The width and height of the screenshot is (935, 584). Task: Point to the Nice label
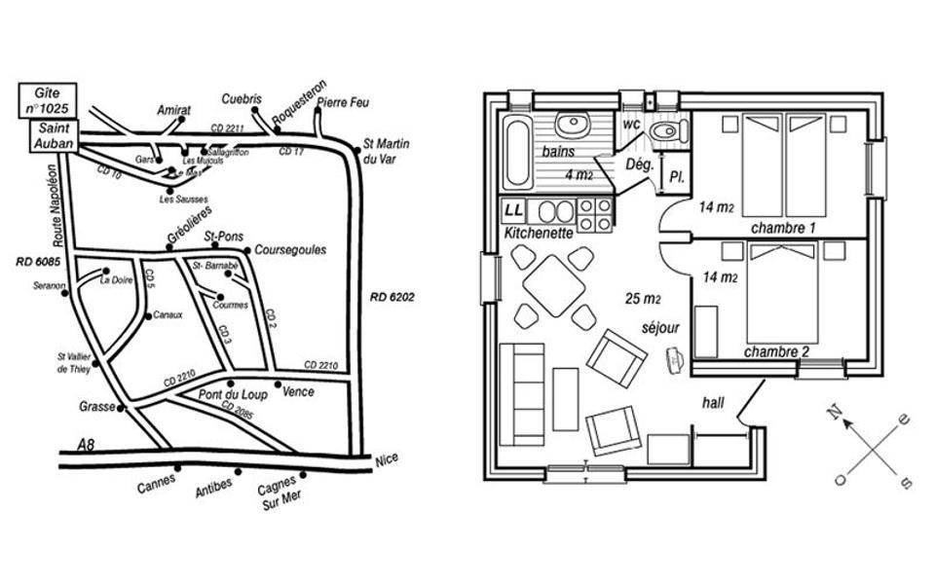[x=388, y=465]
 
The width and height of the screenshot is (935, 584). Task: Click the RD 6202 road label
[x=393, y=297]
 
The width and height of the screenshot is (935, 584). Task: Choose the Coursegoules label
[x=290, y=250]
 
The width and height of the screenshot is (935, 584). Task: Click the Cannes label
[x=156, y=487]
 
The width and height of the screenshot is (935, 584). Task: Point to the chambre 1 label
[x=783, y=227]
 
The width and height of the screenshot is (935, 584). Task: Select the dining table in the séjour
[x=553, y=286]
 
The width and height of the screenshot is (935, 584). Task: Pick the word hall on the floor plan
[x=715, y=402]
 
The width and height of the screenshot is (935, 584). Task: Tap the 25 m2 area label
[x=645, y=298]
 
